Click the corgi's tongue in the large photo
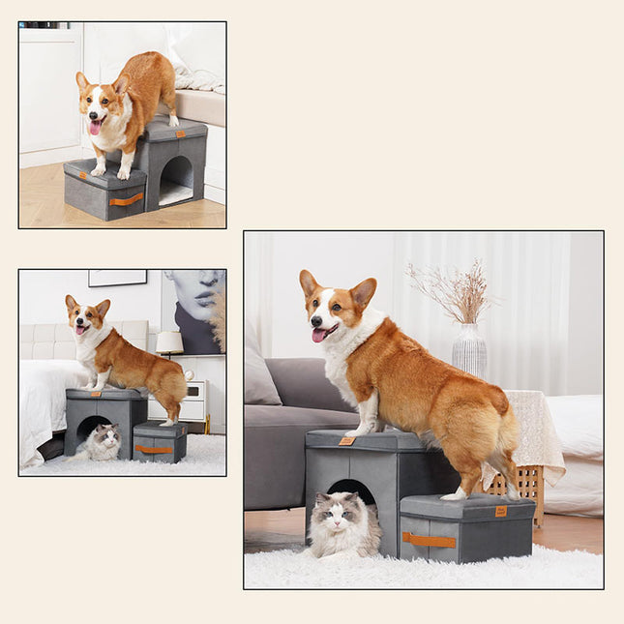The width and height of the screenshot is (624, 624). click(318, 335)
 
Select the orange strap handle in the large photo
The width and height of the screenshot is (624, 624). click(429, 540)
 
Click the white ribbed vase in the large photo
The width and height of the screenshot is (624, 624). click(469, 349)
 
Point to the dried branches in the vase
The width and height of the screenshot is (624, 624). click(455, 291)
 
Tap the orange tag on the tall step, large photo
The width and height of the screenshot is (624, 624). click(346, 440)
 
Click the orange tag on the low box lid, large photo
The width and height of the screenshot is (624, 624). click(501, 511)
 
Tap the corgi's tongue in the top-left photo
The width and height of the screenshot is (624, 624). click(94, 127)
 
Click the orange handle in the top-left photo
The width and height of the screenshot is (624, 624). click(126, 199)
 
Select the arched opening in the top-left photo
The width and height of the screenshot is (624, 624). click(175, 179)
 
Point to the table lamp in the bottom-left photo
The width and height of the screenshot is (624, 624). click(169, 342)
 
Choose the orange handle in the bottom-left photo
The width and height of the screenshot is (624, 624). click(153, 449)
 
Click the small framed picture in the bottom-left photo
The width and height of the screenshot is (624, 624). click(117, 278)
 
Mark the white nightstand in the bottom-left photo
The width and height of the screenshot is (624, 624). click(193, 401)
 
